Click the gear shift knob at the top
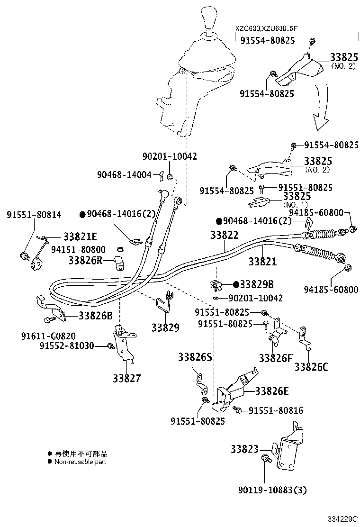point(209,19)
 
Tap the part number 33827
point(126,378)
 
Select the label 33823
point(245,449)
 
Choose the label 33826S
point(195,357)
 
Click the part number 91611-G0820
point(55,335)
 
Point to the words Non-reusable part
point(80,462)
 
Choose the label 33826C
point(311,366)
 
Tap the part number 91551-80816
point(276,410)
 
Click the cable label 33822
point(225,235)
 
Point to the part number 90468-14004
point(125,175)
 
